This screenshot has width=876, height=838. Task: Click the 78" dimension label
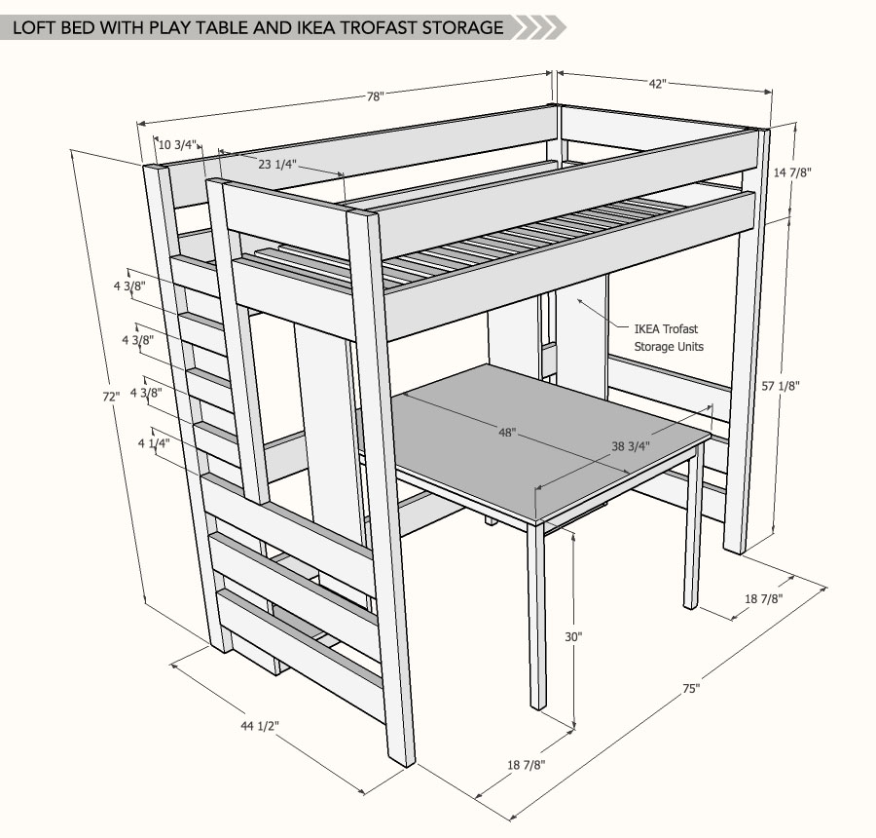(x=375, y=96)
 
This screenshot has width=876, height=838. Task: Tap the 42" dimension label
(x=658, y=84)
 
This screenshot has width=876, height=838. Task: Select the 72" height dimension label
(x=111, y=397)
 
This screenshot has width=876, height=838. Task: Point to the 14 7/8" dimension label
(x=792, y=172)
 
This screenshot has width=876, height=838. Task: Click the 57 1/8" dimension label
(x=781, y=386)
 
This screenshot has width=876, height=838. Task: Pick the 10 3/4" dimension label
(x=178, y=145)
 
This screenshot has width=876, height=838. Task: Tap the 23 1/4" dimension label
(x=277, y=164)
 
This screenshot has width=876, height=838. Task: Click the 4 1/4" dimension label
(x=154, y=443)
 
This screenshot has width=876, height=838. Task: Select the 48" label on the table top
(x=507, y=433)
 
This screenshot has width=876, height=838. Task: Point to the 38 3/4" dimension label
(x=631, y=446)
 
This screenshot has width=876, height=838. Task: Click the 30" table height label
(x=573, y=636)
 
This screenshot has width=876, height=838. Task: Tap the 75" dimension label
(x=691, y=689)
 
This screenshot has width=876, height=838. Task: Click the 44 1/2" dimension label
(x=260, y=726)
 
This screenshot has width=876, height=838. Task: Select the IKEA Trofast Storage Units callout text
(x=668, y=338)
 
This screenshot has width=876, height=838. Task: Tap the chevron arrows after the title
(x=538, y=27)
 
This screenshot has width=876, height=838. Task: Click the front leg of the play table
(x=537, y=617)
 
